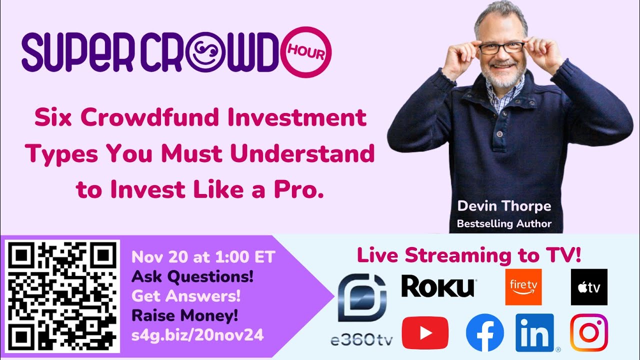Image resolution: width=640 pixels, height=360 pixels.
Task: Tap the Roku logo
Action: tap(438, 286)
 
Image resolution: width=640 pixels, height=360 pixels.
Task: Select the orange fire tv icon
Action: tap(523, 286)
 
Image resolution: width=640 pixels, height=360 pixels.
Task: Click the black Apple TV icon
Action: tap(589, 286)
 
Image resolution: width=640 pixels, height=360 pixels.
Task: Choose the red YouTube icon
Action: tap(425, 332)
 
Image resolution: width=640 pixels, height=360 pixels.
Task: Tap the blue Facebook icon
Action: tap(484, 332)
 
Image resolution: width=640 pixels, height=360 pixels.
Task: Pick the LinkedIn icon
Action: tap(534, 332)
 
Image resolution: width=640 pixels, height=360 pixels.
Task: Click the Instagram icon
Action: tap(589, 332)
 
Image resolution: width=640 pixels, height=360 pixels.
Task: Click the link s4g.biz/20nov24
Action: tap(197, 335)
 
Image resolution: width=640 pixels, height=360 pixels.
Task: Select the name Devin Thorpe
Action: tap(504, 206)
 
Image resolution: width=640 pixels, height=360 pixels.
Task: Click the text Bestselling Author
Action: tap(504, 223)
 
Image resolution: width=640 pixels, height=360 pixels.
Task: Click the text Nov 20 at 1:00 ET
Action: tap(203, 257)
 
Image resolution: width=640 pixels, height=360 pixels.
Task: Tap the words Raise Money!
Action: tap(184, 316)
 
